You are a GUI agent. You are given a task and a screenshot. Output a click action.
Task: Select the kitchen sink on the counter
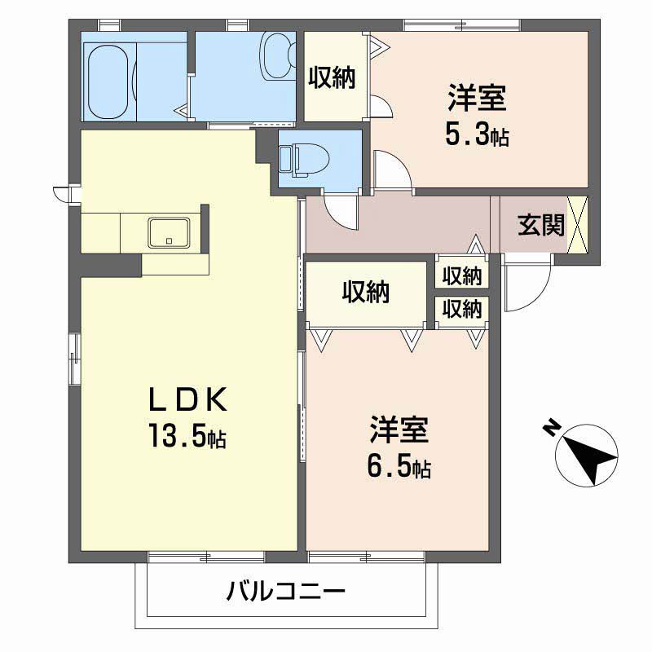tap(169, 232)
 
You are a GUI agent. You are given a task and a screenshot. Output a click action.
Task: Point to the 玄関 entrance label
tap(541, 225)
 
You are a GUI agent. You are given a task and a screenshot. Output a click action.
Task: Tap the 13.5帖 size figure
tap(187, 437)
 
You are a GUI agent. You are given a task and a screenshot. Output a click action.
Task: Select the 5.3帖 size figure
tap(477, 134)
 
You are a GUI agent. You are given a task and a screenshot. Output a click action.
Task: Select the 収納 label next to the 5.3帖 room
tap(332, 77)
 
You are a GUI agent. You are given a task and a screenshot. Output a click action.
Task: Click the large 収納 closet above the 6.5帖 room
tap(365, 291)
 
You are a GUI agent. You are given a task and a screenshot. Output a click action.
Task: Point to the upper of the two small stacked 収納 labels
tap(462, 276)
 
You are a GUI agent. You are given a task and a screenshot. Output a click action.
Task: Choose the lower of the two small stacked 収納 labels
tap(462, 308)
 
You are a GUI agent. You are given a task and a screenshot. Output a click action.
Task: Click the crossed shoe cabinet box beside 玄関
tap(578, 223)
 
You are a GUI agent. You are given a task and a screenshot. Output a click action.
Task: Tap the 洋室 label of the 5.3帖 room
tap(477, 99)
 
